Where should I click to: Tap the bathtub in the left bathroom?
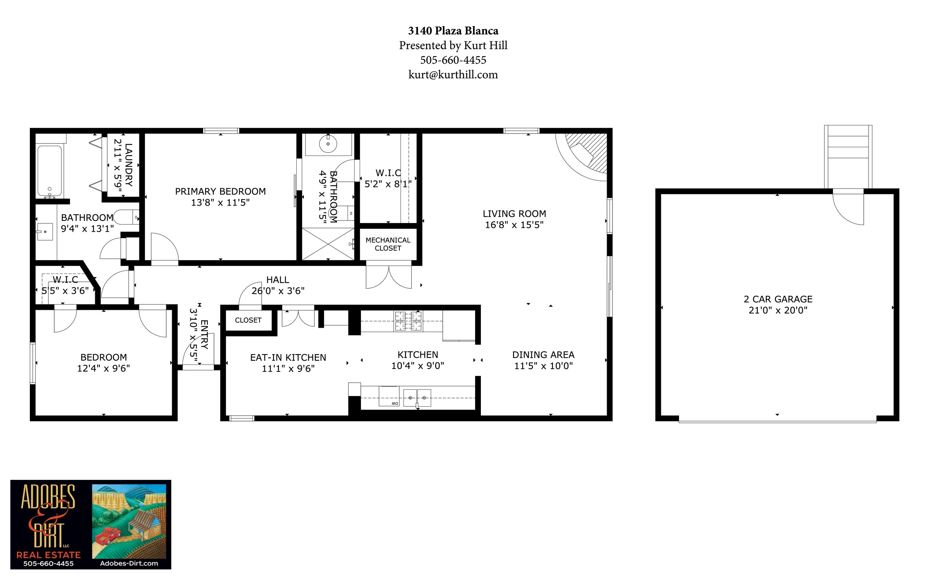pos(50,170)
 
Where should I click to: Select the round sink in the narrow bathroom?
pos(328,144)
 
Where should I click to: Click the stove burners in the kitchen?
pos(408,321)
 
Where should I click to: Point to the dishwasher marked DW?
pos(389,396)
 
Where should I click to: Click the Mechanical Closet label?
pos(388,244)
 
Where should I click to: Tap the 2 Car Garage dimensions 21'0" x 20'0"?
pos(778,310)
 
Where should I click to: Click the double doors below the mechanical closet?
pos(389,276)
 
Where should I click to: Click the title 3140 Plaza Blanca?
pos(453,31)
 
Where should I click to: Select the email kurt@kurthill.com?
pos(453,74)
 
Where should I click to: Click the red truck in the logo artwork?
pos(108,535)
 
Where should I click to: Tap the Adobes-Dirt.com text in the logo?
pos(129,563)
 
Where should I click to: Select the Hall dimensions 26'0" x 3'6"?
pos(278,291)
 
